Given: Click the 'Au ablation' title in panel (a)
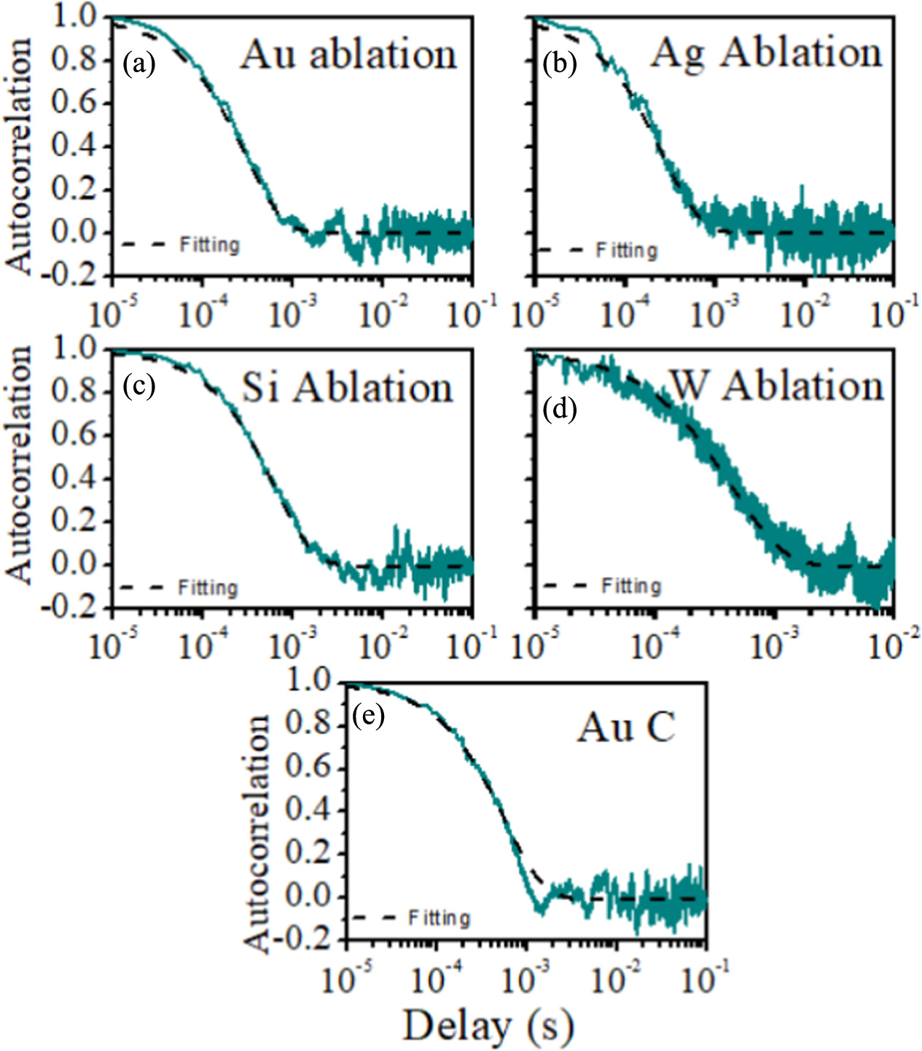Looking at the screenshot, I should pos(348,55).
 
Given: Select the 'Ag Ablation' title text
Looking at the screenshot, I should pos(766,53).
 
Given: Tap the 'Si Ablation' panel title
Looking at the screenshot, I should pos(348,387).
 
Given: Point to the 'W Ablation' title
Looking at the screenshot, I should pos(777,385).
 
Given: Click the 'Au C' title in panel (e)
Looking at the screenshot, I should pos(626,727).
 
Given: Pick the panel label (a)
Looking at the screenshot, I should pos(138,64).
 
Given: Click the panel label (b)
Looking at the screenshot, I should pos(560,64).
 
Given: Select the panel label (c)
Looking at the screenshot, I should pos(138,386).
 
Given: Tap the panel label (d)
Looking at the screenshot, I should pos(560,410).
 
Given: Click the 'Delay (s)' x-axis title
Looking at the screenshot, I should pos(488,1026).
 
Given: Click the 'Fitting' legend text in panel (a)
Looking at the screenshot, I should pos(210,244).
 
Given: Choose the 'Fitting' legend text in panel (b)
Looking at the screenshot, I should pos(627,251).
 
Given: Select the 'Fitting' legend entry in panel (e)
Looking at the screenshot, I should pos(439,917).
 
